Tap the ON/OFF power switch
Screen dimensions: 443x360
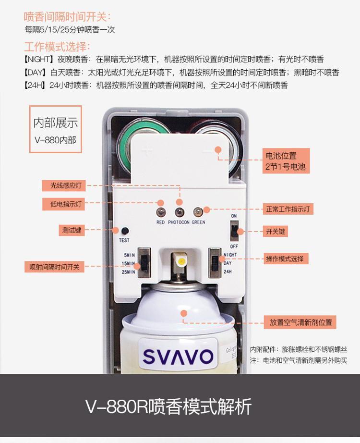coord(234,232)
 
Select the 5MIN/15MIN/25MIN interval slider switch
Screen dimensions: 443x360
coord(143,264)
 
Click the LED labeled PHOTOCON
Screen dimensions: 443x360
coord(179,212)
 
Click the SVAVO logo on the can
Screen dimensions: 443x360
coord(178,356)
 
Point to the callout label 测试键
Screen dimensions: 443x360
coord(72,230)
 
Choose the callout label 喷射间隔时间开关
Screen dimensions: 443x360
coord(54,267)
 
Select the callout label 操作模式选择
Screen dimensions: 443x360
coord(284,258)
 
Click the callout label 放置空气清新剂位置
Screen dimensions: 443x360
coord(300,322)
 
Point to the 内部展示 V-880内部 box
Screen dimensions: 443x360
coord(55,130)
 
